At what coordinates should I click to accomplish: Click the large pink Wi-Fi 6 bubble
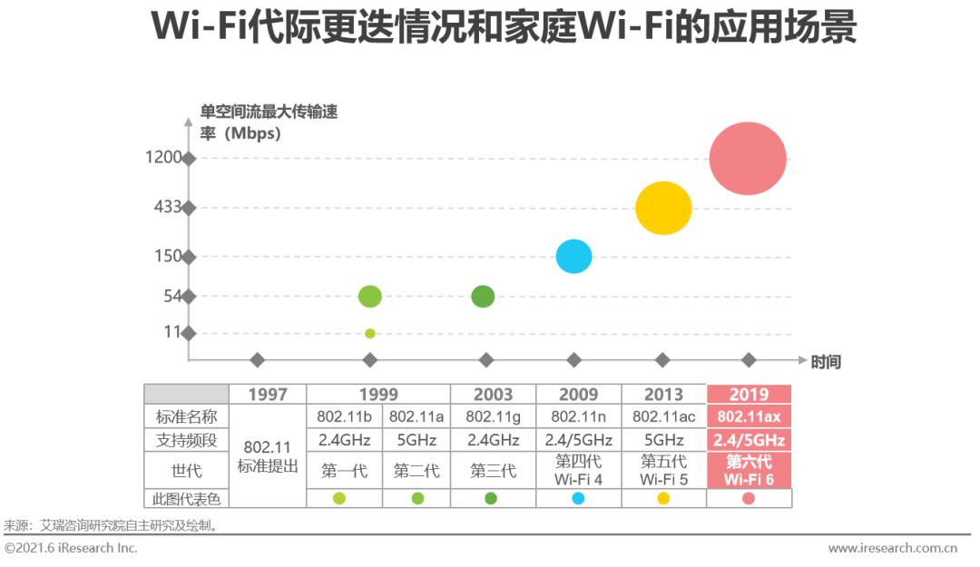click(748, 158)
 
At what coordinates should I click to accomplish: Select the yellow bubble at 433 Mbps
click(663, 208)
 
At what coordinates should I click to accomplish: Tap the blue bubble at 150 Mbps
click(573, 257)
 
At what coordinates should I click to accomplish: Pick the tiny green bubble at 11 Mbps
click(369, 333)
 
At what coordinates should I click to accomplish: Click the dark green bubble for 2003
click(484, 296)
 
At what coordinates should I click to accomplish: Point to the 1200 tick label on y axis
click(164, 158)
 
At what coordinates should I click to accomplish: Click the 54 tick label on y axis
click(172, 296)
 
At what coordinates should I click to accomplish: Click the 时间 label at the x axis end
click(826, 362)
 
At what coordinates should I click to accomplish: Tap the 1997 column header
click(267, 395)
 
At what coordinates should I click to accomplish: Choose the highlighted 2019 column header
click(749, 395)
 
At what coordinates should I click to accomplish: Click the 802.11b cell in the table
click(344, 416)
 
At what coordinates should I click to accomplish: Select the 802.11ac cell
click(663, 416)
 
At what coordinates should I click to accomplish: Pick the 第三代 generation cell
click(493, 471)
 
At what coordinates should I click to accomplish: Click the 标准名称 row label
click(186, 416)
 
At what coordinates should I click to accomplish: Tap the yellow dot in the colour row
click(663, 498)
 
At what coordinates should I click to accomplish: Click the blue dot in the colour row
click(578, 498)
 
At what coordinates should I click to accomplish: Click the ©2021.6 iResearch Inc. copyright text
click(72, 548)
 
